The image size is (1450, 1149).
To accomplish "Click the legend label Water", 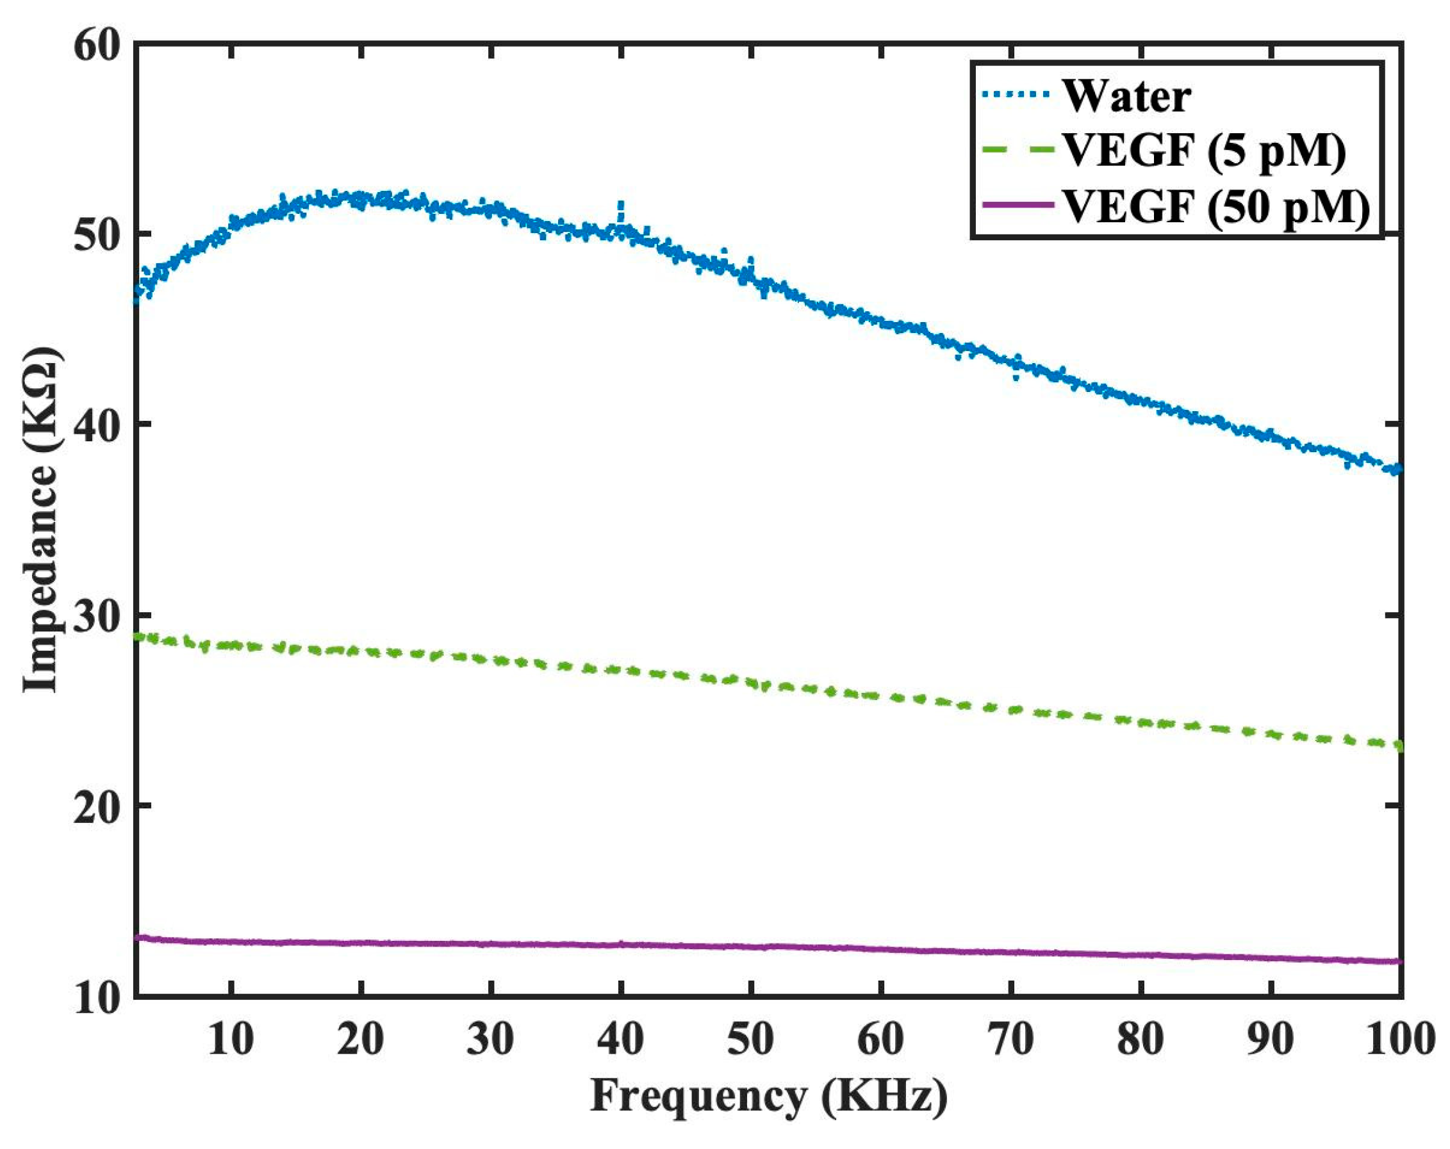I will coord(1126,97).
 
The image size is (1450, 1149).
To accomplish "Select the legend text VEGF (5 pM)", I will coord(1203,151).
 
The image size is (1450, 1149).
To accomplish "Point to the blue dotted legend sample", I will coord(1016,95).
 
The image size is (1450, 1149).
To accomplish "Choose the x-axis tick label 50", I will coord(750,1039).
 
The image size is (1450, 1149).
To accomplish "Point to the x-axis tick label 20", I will coord(361,1039).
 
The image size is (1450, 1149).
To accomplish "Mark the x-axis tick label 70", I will coord(1011,1039).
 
